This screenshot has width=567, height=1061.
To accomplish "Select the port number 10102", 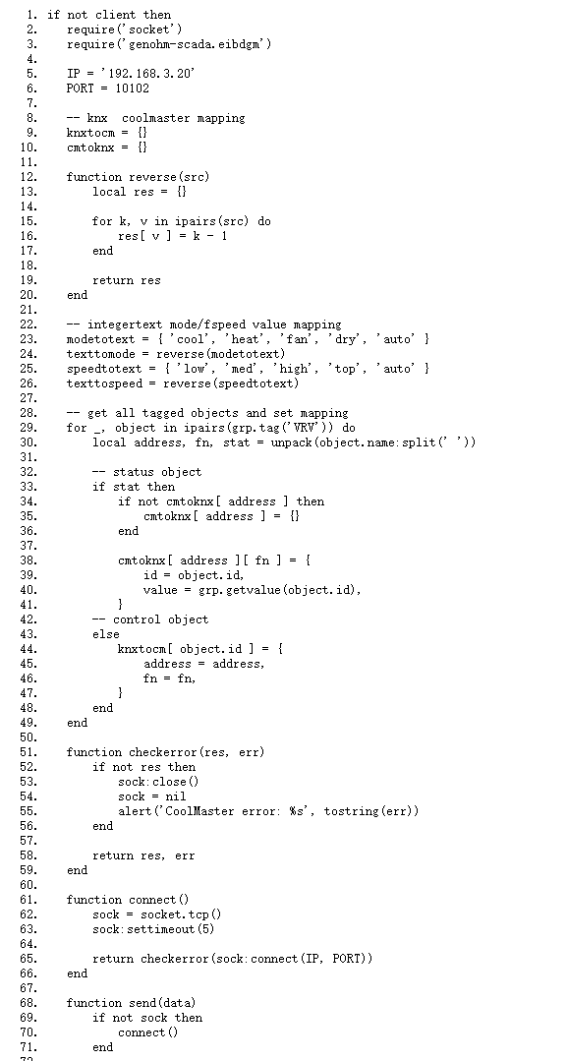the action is click(132, 88).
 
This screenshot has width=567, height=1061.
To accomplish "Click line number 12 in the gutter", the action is click(32, 177).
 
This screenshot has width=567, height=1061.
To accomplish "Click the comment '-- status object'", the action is click(146, 472).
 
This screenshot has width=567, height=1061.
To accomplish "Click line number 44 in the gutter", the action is click(32, 649).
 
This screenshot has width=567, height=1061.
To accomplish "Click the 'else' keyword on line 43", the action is click(106, 634).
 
